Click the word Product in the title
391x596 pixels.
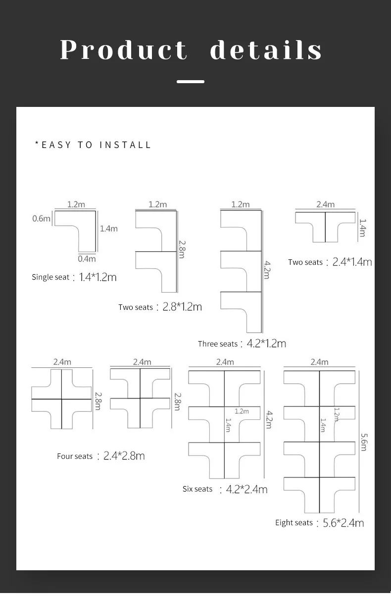tap(124, 50)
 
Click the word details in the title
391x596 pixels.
tap(266, 50)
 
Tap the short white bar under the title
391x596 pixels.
tap(191, 82)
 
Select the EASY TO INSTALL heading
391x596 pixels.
tap(93, 145)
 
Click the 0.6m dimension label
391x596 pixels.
tap(41, 219)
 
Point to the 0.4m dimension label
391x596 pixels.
tap(87, 259)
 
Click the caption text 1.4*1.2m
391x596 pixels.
tap(98, 277)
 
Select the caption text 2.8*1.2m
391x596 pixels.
tap(182, 307)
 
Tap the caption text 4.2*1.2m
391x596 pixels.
tap(266, 344)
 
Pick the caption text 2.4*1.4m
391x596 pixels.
tap(352, 262)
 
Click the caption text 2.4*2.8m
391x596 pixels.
tap(124, 456)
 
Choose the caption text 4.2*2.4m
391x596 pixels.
tap(246, 489)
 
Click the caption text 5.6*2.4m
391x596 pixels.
tap(343, 523)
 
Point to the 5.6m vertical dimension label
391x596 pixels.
tap(364, 442)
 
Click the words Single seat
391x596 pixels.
tap(50, 277)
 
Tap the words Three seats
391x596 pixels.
tap(218, 344)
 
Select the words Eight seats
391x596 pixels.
tap(294, 523)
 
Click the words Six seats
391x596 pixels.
tap(197, 489)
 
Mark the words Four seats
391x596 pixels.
tap(75, 456)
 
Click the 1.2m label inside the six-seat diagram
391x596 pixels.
tap(242, 411)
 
